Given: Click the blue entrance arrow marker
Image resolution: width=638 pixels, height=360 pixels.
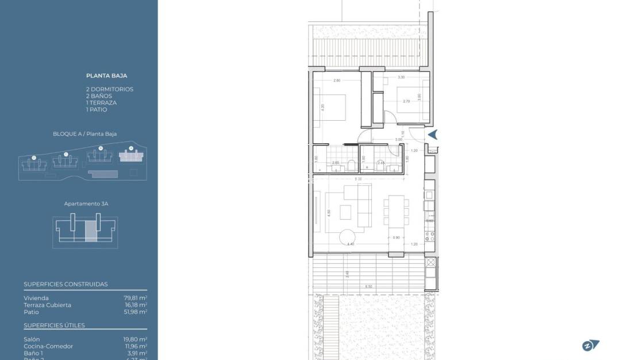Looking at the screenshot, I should point(433,135).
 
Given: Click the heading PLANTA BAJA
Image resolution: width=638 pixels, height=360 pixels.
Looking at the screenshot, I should point(106,75).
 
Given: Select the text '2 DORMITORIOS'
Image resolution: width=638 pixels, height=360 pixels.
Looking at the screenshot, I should point(109,89).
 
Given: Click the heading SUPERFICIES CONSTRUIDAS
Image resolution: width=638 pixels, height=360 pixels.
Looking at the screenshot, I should point(66,284).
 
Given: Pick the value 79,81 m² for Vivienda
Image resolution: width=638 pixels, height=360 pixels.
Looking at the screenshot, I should point(135,298).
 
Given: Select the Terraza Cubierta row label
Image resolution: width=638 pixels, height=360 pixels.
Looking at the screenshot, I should point(48,305).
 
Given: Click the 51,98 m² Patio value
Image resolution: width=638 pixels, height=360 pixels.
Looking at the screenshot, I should point(135,312).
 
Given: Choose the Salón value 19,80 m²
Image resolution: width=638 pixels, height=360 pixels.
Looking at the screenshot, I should point(135,339).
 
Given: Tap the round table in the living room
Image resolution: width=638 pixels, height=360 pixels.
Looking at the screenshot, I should point(348,236).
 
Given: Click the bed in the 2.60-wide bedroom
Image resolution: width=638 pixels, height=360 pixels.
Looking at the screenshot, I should point(330,107).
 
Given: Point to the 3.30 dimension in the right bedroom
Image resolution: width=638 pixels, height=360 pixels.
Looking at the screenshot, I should point(401,77).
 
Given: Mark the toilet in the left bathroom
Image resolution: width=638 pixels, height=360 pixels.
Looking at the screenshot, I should point(350,165).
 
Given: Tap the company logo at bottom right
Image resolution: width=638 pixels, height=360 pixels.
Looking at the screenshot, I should point(590,346).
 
